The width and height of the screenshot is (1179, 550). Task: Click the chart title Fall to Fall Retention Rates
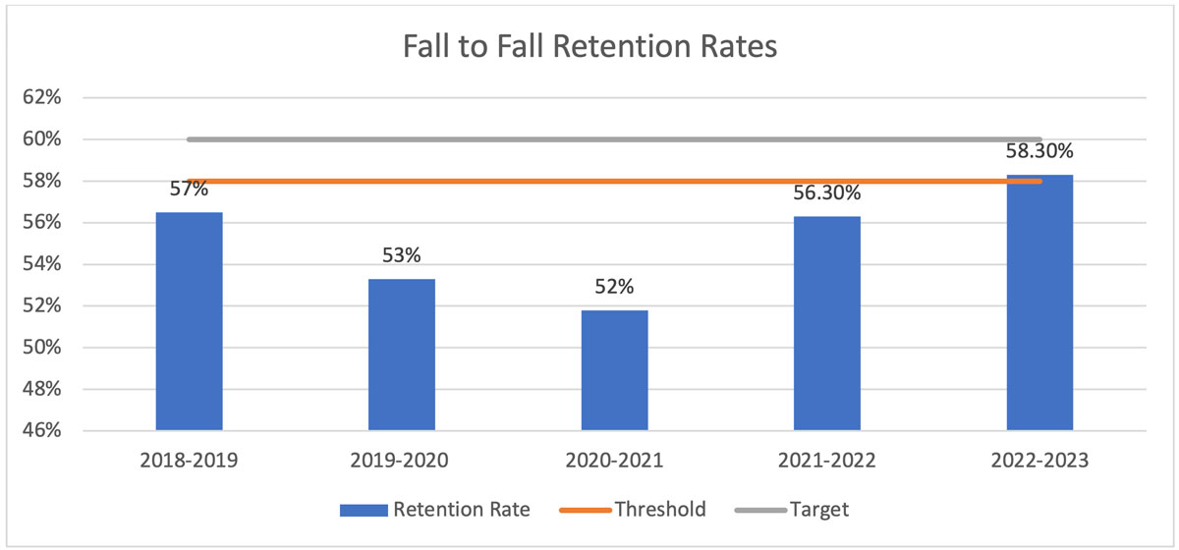click(x=589, y=47)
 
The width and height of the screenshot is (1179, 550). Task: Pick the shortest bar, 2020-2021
click(x=614, y=370)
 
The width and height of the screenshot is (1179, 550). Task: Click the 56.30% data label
click(x=827, y=195)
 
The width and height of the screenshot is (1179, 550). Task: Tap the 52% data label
click(x=614, y=289)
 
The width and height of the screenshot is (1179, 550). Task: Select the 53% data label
click(x=401, y=257)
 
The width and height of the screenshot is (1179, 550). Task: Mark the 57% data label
click(x=189, y=190)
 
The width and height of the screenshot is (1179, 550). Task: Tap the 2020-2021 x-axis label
click(x=614, y=460)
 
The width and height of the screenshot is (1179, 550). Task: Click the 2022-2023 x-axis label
click(x=1039, y=460)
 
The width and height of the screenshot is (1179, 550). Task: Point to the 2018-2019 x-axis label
click(x=189, y=460)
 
